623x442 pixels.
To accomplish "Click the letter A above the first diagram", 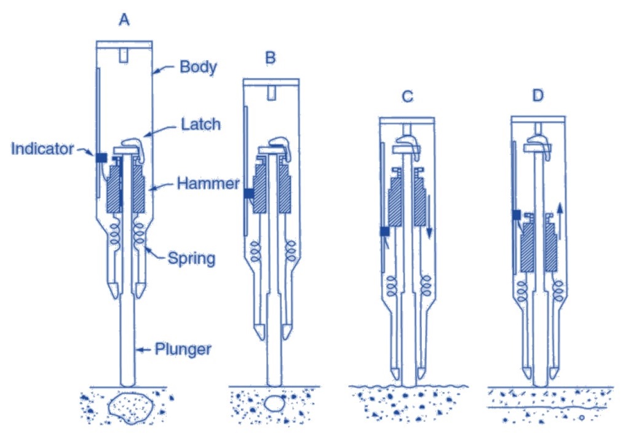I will (124, 20).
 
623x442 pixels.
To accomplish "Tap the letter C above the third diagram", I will (407, 96).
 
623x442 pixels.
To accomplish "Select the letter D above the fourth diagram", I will (538, 96).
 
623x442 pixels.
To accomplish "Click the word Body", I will (198, 66).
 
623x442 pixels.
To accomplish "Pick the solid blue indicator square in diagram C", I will (385, 232).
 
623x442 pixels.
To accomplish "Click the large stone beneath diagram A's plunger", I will (129, 408).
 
